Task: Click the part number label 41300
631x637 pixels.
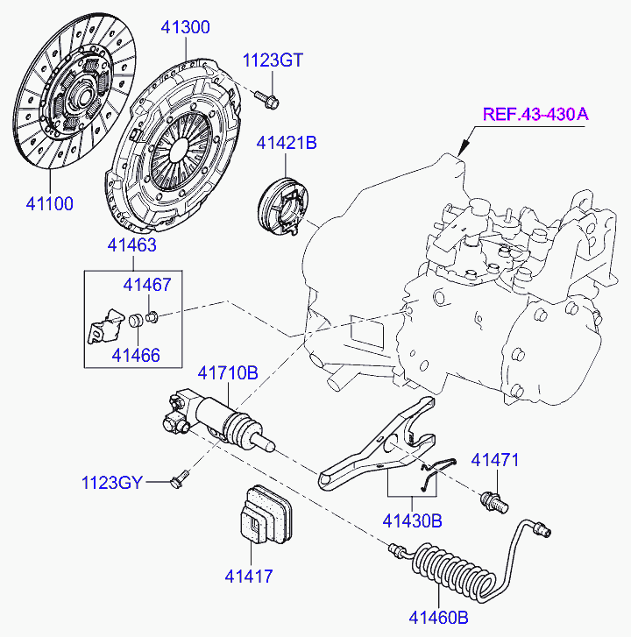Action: pos(185,27)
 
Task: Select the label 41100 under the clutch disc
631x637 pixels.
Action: pos(48,204)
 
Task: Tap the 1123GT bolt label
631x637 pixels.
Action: pos(273,60)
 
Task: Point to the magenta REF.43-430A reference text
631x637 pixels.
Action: pos(535,114)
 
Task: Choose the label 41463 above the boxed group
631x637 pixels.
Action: pos(132,245)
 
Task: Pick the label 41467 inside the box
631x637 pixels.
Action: pos(146,285)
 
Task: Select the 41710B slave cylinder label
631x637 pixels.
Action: pos(227,373)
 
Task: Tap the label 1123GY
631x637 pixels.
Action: pos(112,483)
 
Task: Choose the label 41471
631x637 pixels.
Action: pos(496,460)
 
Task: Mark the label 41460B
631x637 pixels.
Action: pos(440,618)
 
